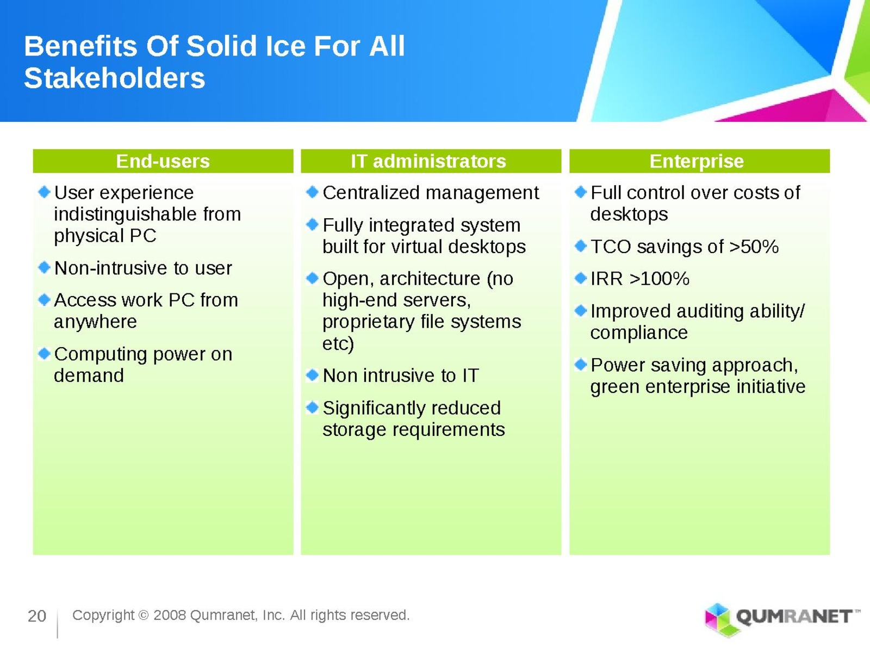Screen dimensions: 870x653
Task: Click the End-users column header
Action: click(x=163, y=161)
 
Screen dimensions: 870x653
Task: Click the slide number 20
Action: click(x=37, y=616)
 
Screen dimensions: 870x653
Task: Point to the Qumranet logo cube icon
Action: click(x=719, y=619)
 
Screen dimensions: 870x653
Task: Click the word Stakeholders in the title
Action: click(x=115, y=78)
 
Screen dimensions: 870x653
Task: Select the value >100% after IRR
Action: click(x=660, y=279)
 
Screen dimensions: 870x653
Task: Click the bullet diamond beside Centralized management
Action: click(x=312, y=192)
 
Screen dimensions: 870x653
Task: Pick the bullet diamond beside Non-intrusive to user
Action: click(x=44, y=267)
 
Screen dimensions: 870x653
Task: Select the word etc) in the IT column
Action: click(x=338, y=343)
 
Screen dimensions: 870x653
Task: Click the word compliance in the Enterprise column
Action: click(x=639, y=333)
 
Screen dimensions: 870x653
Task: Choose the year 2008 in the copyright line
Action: click(x=170, y=615)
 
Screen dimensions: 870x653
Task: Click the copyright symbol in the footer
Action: click(x=144, y=616)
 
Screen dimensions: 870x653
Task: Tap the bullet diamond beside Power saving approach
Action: click(x=580, y=364)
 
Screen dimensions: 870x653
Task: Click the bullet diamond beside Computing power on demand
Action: click(x=44, y=353)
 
